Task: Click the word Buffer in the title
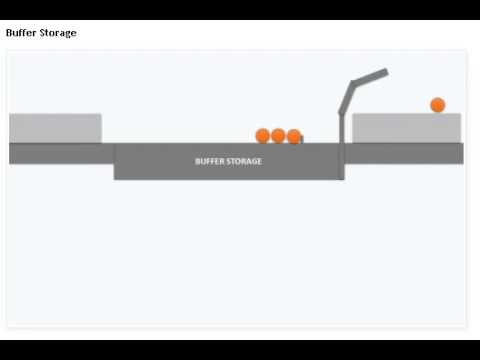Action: point(22,33)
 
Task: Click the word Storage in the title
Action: point(58,33)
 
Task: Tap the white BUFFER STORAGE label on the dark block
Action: point(228,161)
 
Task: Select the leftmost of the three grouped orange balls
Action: point(263,136)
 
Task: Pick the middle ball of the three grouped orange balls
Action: point(278,136)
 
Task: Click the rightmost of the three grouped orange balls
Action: point(293,136)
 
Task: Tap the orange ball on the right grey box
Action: point(437,105)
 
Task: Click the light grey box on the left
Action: point(55,128)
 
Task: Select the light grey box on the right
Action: point(406,128)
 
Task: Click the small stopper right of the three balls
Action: point(301,139)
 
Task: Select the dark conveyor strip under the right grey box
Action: point(405,153)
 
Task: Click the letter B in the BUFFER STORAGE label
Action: point(197,161)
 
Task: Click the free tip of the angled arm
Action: point(385,71)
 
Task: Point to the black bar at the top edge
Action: point(240,9)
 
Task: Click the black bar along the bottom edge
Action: point(240,347)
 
